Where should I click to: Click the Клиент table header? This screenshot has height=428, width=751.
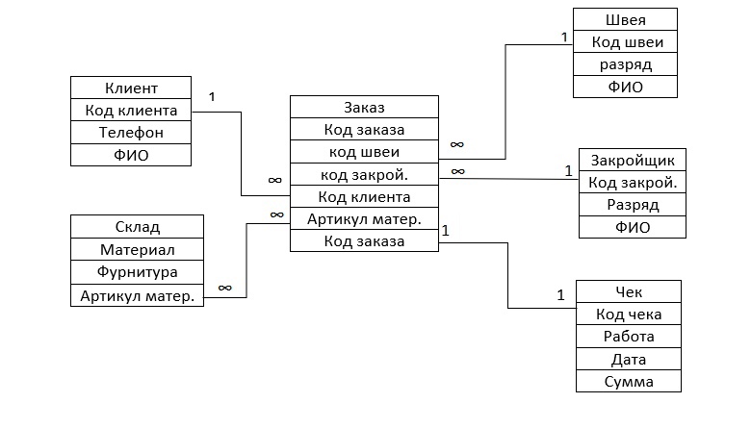coord(130,88)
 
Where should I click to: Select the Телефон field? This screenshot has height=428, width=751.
coord(130,132)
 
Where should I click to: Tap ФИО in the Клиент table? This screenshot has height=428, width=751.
coord(130,154)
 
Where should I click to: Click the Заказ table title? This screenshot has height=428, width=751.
coord(364,107)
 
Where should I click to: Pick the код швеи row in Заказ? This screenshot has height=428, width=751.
coord(364,152)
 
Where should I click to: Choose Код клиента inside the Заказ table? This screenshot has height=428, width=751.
coord(364,197)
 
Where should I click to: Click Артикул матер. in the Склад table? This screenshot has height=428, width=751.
coord(137,295)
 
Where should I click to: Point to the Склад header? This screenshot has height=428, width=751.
coord(137,227)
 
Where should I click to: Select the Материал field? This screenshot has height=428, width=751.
coord(137,250)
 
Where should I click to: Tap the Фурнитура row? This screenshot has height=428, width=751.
coord(137,272)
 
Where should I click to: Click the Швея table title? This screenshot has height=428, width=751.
coord(625,20)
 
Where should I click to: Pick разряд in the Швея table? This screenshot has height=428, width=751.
coord(625,65)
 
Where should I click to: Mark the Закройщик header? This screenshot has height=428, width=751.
coord(632,160)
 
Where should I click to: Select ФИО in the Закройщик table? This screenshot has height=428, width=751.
coord(632,228)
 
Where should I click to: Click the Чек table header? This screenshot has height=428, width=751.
coord(628,291)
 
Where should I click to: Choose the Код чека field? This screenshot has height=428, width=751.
coord(628,315)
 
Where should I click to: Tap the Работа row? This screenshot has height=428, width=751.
coord(628,337)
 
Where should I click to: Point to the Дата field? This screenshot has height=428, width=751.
coord(628,360)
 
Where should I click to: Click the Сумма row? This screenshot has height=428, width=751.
coord(628,382)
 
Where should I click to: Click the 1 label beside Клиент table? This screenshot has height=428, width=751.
coord(211,97)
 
